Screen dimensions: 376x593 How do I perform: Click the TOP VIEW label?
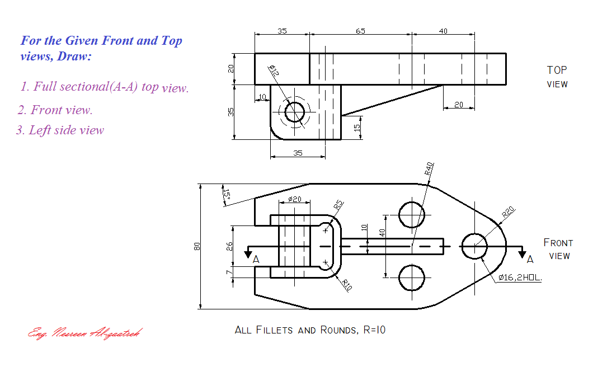coord(557,77)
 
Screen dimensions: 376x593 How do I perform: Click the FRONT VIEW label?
coord(558,249)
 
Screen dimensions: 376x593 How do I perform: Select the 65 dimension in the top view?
coord(361,31)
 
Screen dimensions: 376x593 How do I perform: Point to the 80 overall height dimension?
coord(197,246)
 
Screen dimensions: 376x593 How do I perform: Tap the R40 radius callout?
coord(429,169)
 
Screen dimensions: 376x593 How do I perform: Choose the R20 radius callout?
coord(508,212)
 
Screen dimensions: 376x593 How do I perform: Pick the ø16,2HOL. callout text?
coord(520,278)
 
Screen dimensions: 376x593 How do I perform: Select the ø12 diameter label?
coord(274,70)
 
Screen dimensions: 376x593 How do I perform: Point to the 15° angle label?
coord(227,193)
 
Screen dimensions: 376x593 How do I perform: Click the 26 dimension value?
coord(229,246)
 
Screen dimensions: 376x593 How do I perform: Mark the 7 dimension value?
coord(229,272)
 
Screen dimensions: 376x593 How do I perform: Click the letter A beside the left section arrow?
coord(256,260)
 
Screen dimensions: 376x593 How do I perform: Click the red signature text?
coord(84,333)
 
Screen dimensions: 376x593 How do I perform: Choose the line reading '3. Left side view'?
coord(60,130)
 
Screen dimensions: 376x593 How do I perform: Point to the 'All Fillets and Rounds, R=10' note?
coord(310,330)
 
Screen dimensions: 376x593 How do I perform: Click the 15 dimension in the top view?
coord(357,128)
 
